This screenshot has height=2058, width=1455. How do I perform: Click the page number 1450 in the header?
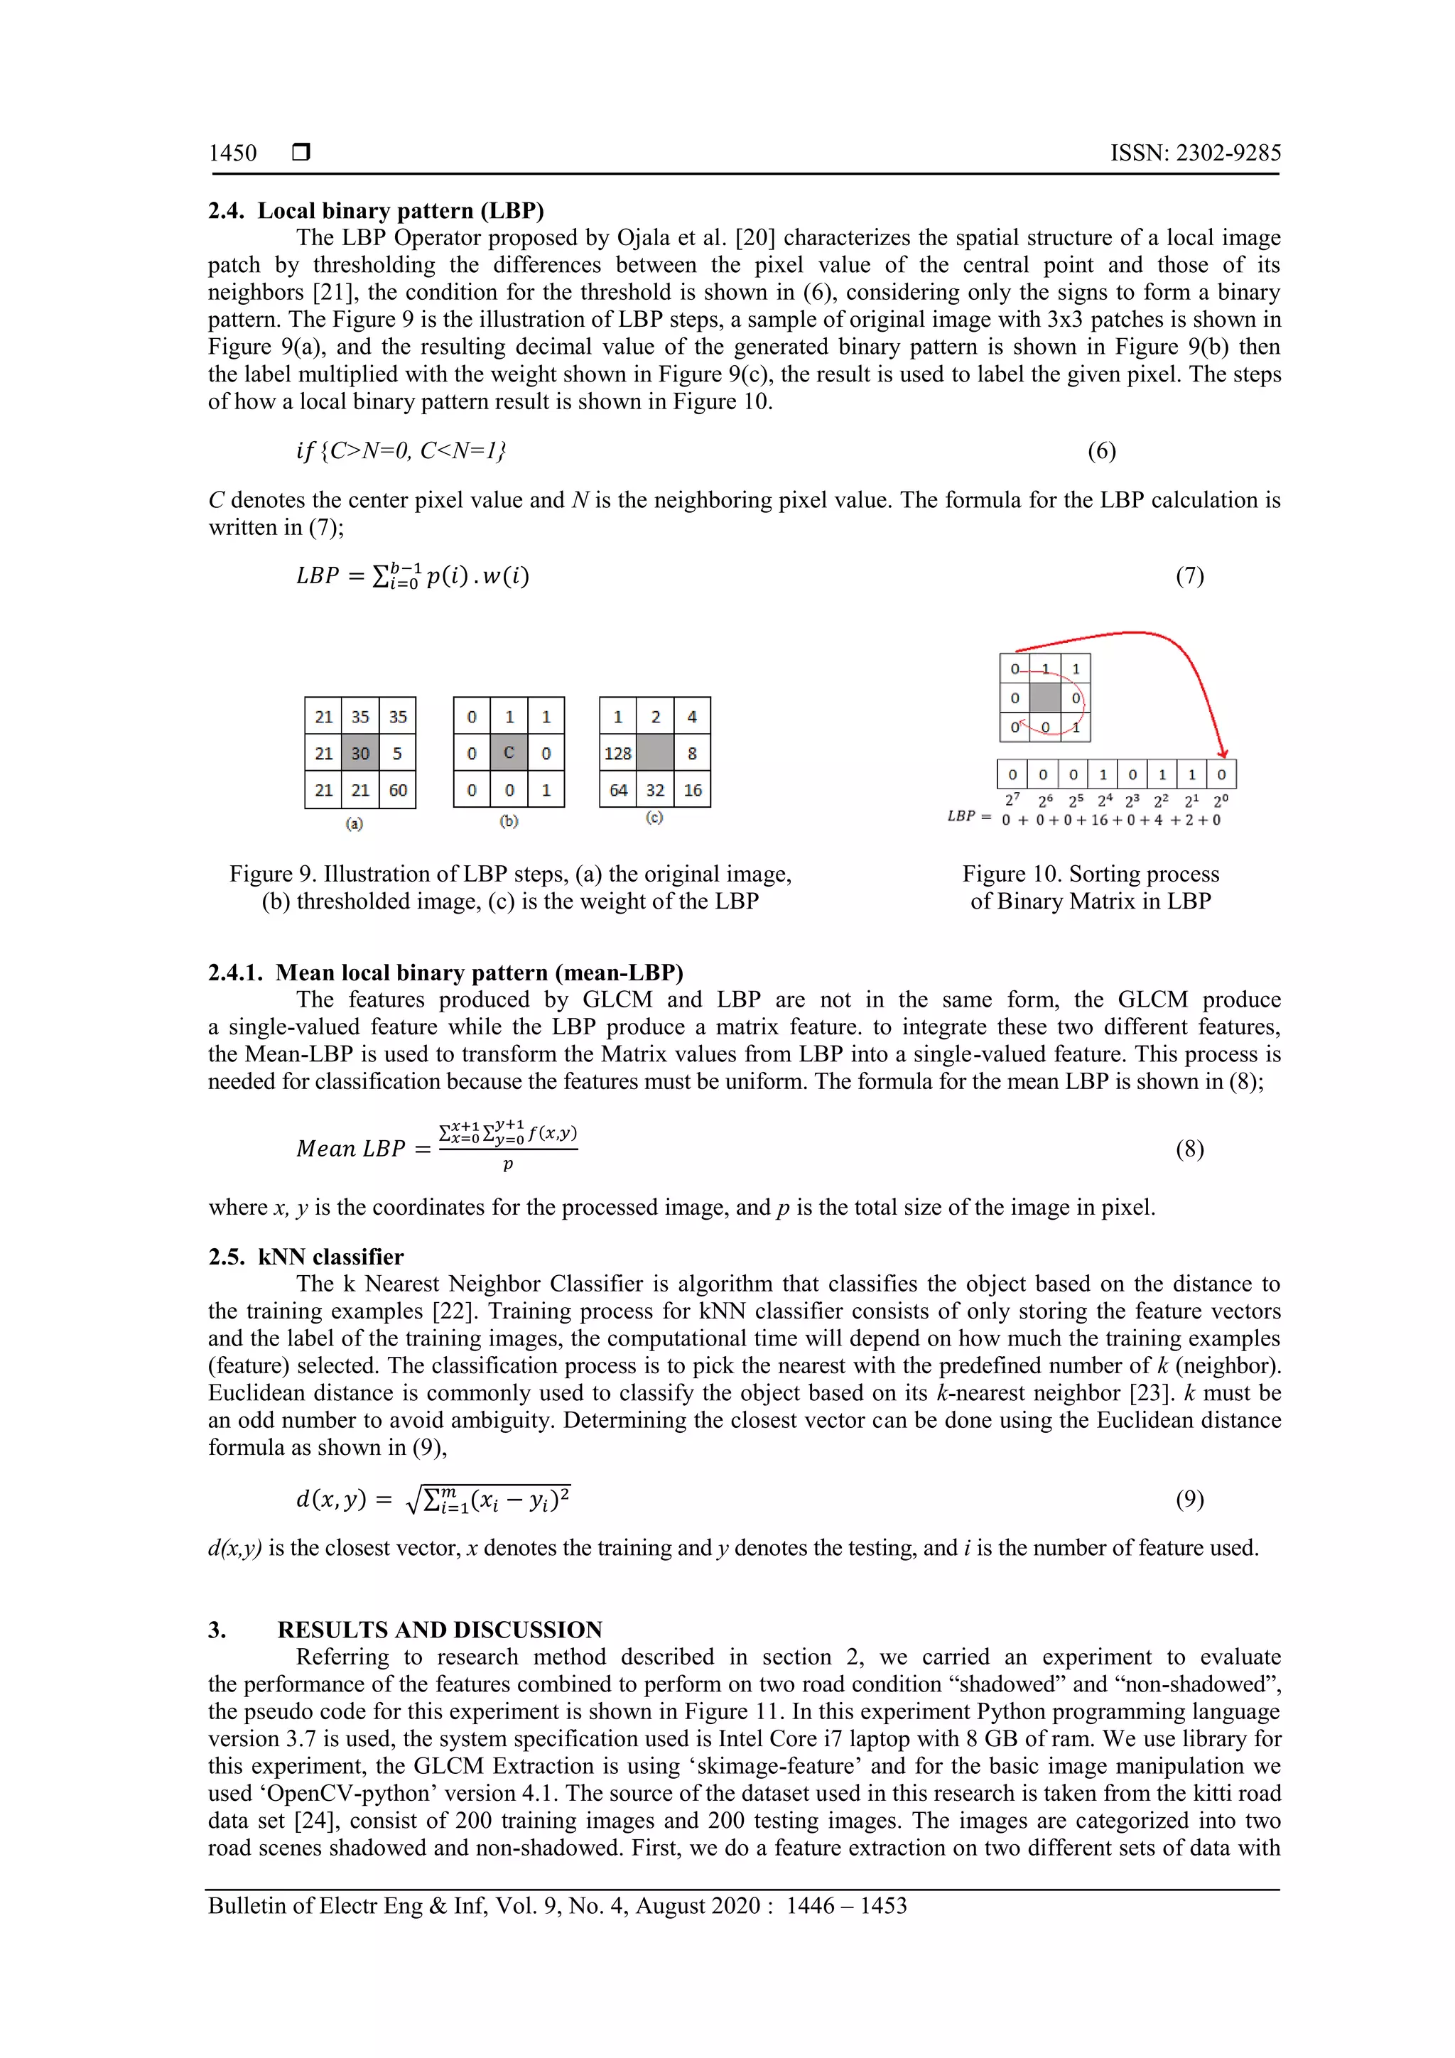[232, 153]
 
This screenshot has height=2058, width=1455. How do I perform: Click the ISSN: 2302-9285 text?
[1195, 153]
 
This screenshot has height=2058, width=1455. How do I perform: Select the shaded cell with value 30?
[359, 753]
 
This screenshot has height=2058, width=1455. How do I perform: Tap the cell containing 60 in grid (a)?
[397, 790]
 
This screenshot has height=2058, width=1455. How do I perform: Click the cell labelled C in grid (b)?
[508, 753]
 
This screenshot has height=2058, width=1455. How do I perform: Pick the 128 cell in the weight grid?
[617, 753]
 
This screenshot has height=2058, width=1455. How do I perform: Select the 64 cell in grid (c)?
[617, 790]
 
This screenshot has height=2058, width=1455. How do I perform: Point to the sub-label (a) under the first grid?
[354, 823]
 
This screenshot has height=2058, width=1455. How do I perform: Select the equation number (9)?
[1189, 1499]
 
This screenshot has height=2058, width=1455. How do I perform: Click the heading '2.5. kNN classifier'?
[305, 1257]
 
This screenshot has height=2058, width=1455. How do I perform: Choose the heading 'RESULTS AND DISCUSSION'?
[439, 1630]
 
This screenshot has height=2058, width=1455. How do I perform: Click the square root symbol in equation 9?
[413, 1500]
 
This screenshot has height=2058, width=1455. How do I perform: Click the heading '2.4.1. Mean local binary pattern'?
[445, 973]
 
